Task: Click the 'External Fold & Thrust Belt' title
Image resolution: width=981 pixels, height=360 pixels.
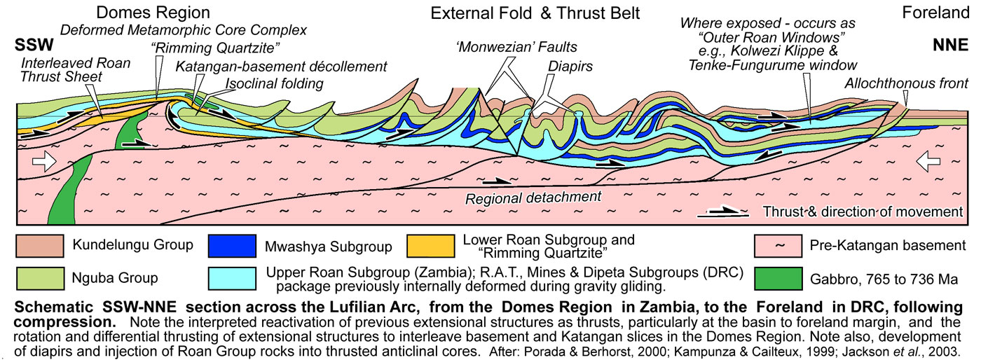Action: pos(535,13)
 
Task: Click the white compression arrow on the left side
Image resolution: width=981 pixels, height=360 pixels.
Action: pos(43,162)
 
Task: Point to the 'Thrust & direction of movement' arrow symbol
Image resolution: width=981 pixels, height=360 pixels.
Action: pos(727,212)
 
